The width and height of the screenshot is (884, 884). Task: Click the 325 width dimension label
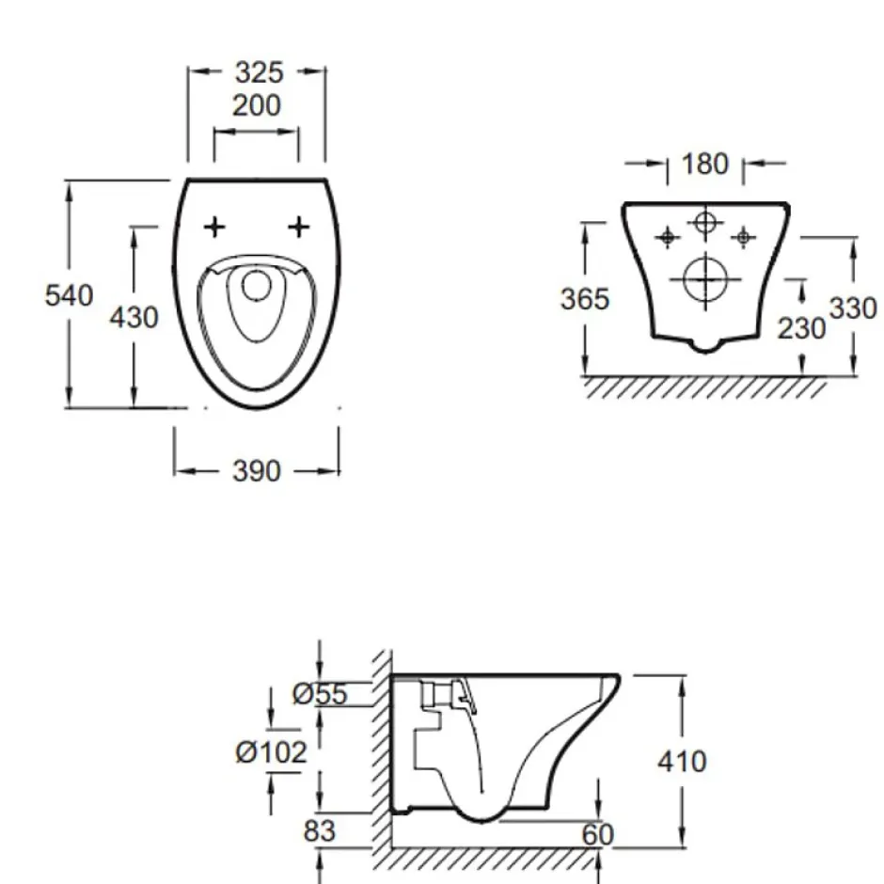tap(259, 72)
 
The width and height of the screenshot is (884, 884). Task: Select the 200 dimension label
tap(257, 105)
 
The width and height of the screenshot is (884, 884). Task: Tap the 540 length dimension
tap(69, 295)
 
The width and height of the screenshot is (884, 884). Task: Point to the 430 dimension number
tap(134, 318)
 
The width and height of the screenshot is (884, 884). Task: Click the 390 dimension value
tap(257, 471)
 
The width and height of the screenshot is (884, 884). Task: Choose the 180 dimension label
tap(704, 164)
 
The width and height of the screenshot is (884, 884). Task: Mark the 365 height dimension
tap(585, 299)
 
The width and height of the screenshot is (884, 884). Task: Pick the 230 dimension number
tap(801, 328)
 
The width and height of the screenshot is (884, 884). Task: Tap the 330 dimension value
tap(853, 308)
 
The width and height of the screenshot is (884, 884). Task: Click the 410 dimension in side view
tap(682, 762)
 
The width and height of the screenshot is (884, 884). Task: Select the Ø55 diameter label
tap(320, 694)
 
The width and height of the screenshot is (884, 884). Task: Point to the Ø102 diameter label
tap(271, 752)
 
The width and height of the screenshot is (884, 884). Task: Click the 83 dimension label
tap(320, 830)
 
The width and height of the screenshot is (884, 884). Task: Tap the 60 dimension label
tap(597, 835)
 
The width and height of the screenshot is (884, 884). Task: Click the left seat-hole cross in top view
tap(214, 228)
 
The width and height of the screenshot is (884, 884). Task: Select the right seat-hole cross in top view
tap(298, 228)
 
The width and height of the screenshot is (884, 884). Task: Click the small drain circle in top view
tap(257, 272)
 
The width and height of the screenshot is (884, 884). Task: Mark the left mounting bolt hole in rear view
tap(668, 237)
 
